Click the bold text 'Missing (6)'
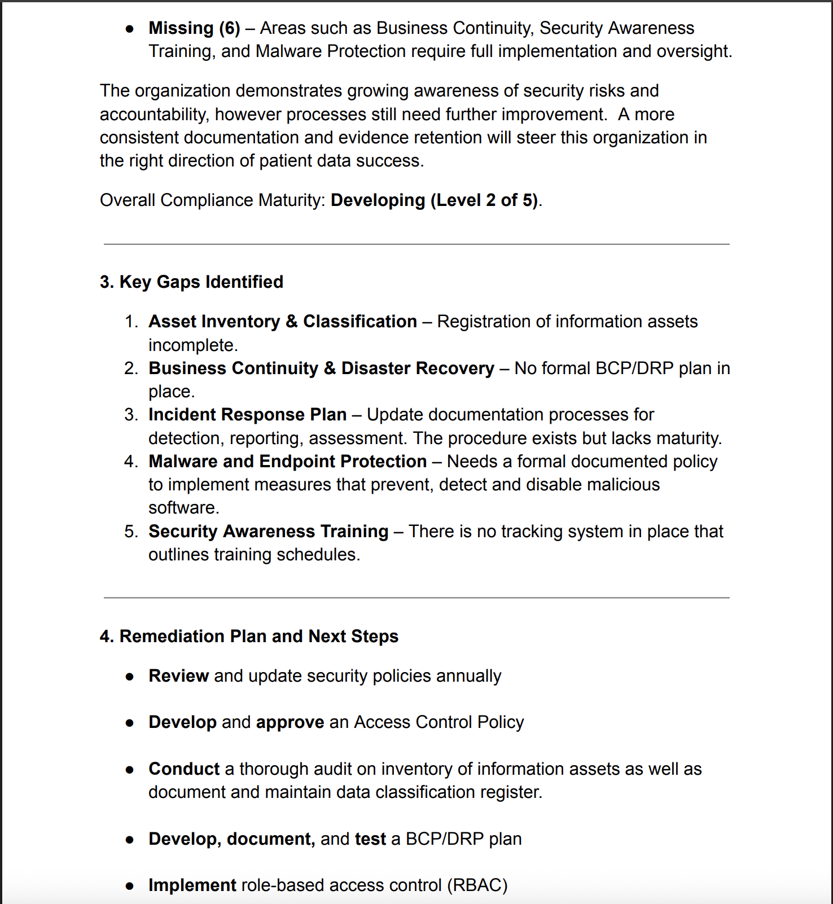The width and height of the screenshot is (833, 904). tap(194, 28)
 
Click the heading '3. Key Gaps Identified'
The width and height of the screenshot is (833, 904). tap(191, 282)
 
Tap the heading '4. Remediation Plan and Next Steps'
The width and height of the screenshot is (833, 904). tap(249, 636)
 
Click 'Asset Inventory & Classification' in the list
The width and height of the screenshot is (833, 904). tap(282, 321)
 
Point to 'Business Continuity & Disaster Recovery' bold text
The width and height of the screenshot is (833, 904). tap(321, 368)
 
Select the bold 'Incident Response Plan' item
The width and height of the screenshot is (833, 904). tap(247, 414)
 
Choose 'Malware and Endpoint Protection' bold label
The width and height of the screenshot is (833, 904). tap(287, 461)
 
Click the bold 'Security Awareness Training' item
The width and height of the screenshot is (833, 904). tap(268, 531)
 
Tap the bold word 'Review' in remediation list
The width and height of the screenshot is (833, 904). tap(178, 675)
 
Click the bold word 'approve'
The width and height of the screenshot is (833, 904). tap(290, 722)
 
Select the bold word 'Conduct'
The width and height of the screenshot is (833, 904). tap(184, 769)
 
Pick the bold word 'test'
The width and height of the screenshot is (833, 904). tap(370, 839)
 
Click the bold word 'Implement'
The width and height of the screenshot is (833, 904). tap(192, 885)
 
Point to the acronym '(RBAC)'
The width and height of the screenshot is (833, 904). tap(477, 885)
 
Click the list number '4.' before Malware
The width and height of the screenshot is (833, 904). tap(131, 461)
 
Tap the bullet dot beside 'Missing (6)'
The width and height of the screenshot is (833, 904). tap(130, 29)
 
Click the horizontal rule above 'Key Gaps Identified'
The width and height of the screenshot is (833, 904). tap(417, 244)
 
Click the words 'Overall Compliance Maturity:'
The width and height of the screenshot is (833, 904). tap(212, 200)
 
